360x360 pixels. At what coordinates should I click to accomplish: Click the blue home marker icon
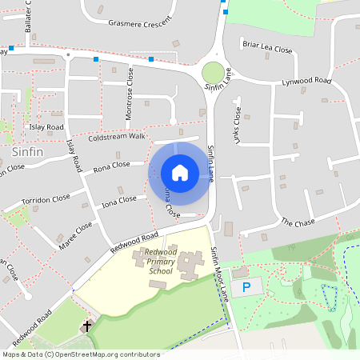[179, 173]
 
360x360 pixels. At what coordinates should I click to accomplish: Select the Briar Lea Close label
[267, 49]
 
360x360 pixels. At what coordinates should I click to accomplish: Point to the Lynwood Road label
[306, 82]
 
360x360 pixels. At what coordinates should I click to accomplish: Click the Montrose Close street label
[130, 94]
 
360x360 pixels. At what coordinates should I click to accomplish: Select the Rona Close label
[111, 166]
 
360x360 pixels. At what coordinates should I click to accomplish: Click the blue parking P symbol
[246, 286]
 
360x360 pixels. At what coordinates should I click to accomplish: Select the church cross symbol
[86, 326]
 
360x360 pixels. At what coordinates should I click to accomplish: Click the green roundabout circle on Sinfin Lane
[214, 71]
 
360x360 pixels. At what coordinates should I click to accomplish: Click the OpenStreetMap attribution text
[80, 354]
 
